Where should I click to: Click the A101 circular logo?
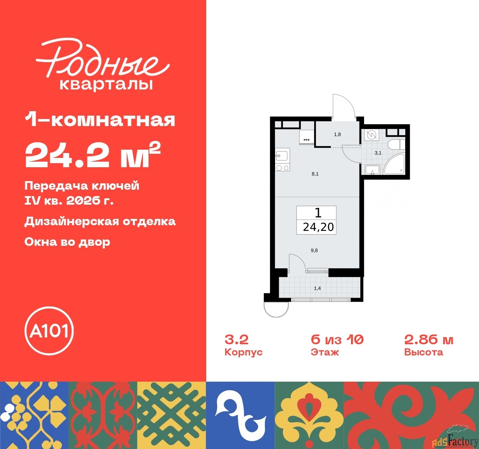(x=49, y=331)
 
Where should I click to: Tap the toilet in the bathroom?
(x=395, y=144)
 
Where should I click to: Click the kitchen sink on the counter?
(x=281, y=155)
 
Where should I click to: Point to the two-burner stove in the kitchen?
(x=282, y=168)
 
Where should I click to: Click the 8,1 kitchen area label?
(x=315, y=174)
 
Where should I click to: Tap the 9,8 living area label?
(x=314, y=250)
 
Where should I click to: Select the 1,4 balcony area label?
(x=317, y=288)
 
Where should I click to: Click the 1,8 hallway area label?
(x=337, y=134)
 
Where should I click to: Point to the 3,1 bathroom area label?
(x=378, y=153)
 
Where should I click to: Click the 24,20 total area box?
(x=317, y=220)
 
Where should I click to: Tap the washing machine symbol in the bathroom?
(x=371, y=135)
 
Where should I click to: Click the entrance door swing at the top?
(x=343, y=106)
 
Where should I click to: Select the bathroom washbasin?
(x=372, y=170)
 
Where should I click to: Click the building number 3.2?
(x=237, y=340)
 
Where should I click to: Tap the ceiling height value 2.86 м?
(x=428, y=340)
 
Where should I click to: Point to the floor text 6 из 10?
(x=337, y=340)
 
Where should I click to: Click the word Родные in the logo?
(x=101, y=60)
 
